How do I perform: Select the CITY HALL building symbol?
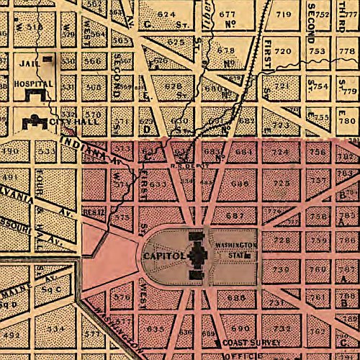(33, 122)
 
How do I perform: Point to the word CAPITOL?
(165, 256)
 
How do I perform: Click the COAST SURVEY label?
(249, 343)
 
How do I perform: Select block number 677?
(228, 14)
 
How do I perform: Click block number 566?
(93, 61)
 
